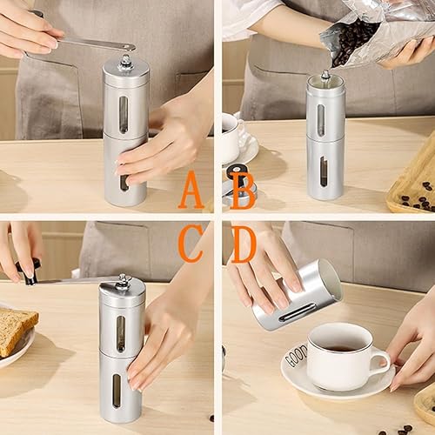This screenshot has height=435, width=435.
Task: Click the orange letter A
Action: [x=191, y=191]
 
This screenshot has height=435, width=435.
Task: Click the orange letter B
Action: [x=243, y=191]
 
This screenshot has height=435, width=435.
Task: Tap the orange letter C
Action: [x=191, y=244]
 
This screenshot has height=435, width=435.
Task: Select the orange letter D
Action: [x=244, y=244]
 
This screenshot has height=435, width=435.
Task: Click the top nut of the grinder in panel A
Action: [x=126, y=61]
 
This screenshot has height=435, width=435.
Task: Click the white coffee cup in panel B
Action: [x=229, y=137]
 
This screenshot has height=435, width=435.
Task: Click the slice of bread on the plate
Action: [x=15, y=329]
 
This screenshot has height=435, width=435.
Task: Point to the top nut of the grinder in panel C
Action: [x=124, y=280]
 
